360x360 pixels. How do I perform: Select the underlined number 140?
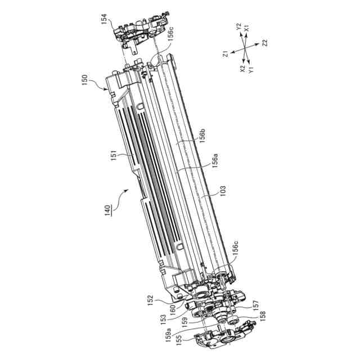[x=107, y=210]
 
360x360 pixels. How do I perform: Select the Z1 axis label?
[x=226, y=54]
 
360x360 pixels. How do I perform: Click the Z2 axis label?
[x=264, y=43]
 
